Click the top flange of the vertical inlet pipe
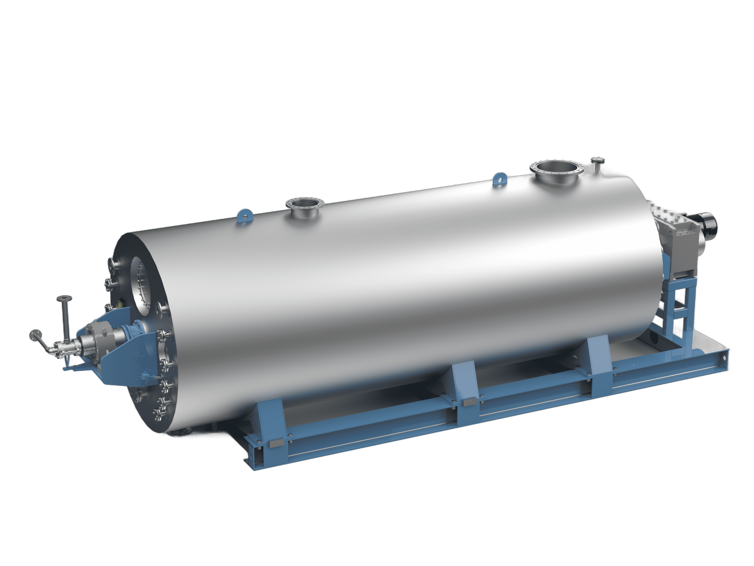point(65,299)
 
